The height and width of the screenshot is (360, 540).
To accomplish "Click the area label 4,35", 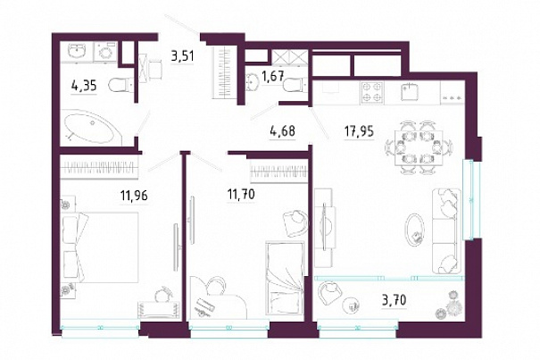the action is click(84, 86).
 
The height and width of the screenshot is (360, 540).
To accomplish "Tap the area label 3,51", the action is click(182, 55).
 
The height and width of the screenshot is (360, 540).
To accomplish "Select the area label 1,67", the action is click(272, 77).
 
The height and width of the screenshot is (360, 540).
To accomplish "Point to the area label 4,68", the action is click(282, 131).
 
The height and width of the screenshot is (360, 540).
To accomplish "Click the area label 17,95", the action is click(359, 131).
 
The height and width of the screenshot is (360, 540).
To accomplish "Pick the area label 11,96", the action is click(134, 196).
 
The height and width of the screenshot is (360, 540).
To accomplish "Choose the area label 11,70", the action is click(241, 195).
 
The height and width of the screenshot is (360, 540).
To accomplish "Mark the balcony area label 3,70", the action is click(394, 300).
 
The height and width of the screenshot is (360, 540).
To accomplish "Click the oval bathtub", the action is click(93, 127).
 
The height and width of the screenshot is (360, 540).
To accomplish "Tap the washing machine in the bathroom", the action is click(104, 52).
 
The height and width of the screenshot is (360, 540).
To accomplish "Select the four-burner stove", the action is click(372, 92).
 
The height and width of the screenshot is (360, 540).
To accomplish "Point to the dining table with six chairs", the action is click(418, 147).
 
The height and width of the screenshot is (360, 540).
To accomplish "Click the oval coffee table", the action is click(415, 230).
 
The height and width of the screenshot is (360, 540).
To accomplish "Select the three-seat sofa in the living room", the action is click(446, 230).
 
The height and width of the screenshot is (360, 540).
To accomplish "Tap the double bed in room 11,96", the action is click(100, 247).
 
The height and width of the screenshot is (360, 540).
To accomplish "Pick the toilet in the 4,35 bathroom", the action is click(120, 85).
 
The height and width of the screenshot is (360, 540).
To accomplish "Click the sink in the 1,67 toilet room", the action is click(253, 81).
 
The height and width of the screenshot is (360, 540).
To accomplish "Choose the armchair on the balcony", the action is click(330, 293).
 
